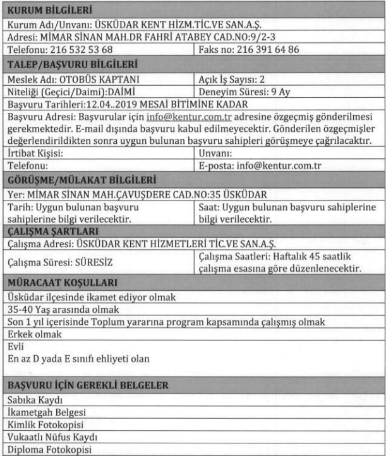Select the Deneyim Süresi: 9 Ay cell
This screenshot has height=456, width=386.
click(241, 89)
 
